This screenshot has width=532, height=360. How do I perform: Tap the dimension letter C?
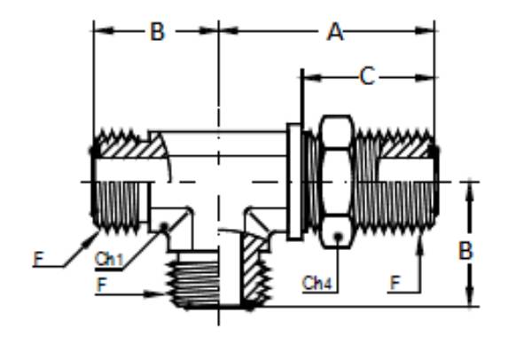367,77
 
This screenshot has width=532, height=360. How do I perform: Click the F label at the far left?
38,259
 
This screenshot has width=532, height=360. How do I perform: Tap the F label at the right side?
394,284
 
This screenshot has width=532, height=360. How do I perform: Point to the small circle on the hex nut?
335,237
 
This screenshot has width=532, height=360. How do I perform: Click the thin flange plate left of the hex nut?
293,181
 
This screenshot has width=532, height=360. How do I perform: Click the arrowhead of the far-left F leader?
97,234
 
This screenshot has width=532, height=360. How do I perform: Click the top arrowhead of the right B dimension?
469,187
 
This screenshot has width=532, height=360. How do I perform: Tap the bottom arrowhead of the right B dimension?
469,301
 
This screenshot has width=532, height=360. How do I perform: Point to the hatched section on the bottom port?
255,266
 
